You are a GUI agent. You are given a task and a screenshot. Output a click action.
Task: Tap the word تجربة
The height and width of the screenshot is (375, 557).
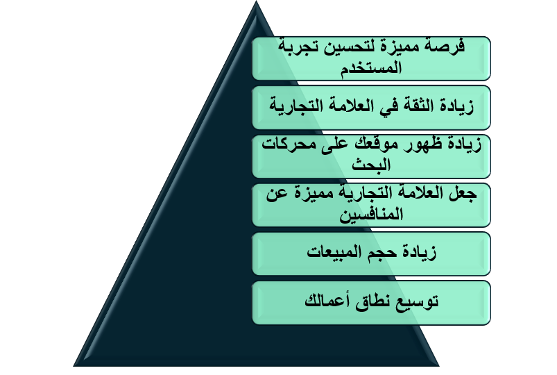[x=298, y=47]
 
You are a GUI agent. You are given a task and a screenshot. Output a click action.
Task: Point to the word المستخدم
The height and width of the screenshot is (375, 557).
[x=371, y=67]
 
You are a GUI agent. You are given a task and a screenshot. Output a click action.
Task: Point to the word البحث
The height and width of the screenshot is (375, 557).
[x=371, y=164]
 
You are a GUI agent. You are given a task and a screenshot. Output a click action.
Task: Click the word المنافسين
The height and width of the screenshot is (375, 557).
[x=371, y=214]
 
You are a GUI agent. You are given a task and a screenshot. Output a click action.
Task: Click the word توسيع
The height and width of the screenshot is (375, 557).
[x=418, y=301]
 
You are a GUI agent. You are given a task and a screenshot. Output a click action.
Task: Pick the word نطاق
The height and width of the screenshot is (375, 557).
[x=373, y=301]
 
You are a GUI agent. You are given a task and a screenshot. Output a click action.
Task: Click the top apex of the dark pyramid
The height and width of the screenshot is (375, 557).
[x=256, y=1]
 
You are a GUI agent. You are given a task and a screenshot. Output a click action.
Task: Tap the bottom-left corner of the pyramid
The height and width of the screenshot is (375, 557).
[x=73, y=366]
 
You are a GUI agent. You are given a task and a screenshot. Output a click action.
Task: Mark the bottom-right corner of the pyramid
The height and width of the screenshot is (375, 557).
[x=439, y=366]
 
